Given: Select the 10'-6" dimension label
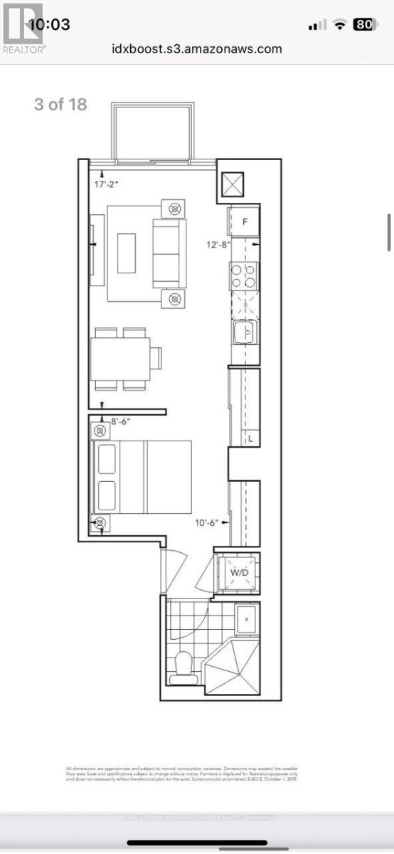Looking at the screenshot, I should click(x=211, y=522).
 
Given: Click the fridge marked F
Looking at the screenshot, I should click(x=244, y=221).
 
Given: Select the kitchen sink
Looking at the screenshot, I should click(x=245, y=331).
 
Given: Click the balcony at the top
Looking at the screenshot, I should click(x=151, y=132).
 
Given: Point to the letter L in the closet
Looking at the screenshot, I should click(x=250, y=439).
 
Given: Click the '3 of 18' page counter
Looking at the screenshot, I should click(x=60, y=104).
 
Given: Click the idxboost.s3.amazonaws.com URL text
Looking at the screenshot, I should click(x=197, y=49).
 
